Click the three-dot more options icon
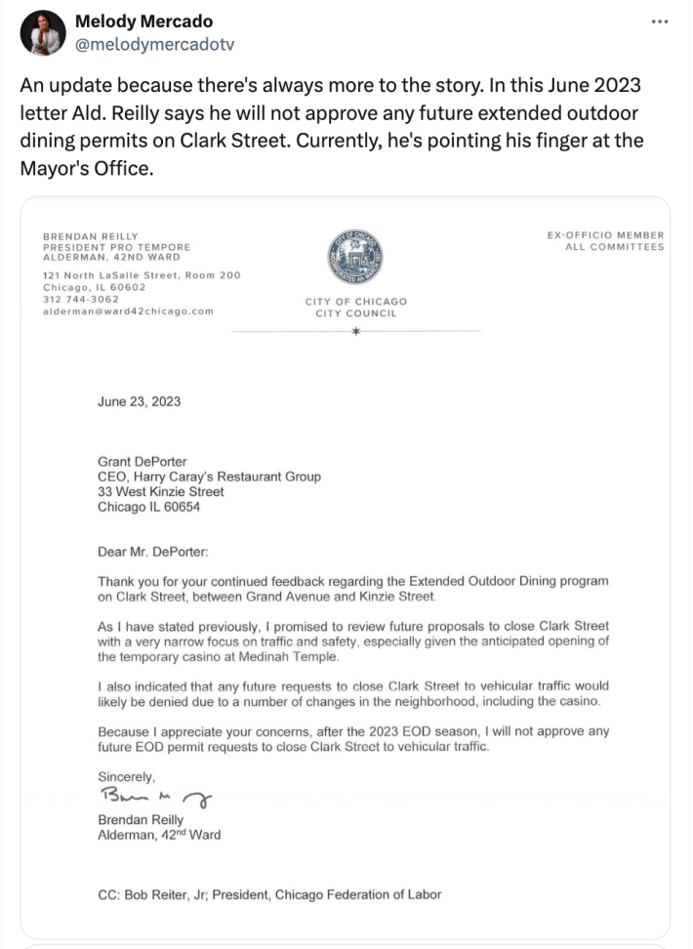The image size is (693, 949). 660,22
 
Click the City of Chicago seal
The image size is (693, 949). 355,259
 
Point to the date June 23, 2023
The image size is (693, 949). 139,401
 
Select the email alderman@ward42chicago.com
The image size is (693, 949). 128,311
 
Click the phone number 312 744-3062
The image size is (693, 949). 80,300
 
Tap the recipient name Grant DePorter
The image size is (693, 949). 143,461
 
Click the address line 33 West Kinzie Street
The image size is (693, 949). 161,492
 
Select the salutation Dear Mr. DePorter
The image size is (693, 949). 153,552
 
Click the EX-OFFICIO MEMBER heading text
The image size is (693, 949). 606,234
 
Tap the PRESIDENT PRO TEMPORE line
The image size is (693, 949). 116,247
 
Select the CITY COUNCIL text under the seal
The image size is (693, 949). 355,312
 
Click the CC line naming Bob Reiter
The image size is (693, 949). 270,894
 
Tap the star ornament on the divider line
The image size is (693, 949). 355,332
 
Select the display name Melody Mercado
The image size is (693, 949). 143,21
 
